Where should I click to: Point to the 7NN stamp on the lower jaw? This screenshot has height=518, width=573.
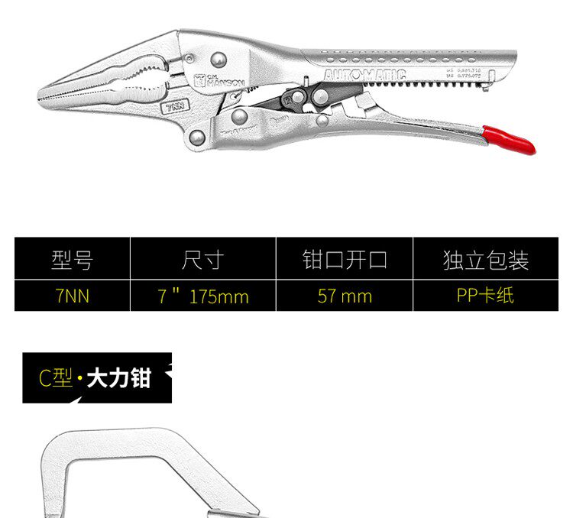pos(174,107)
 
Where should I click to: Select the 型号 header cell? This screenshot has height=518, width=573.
pos(72,261)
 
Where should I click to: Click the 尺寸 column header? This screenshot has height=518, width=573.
pos(202,261)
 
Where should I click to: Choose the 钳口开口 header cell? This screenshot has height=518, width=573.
pos(345,261)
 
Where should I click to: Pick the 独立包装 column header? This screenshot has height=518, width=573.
pos(486,261)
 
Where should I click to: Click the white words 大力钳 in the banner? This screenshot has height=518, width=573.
pos(119,378)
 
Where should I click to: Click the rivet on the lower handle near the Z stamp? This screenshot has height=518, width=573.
pos(239,116)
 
